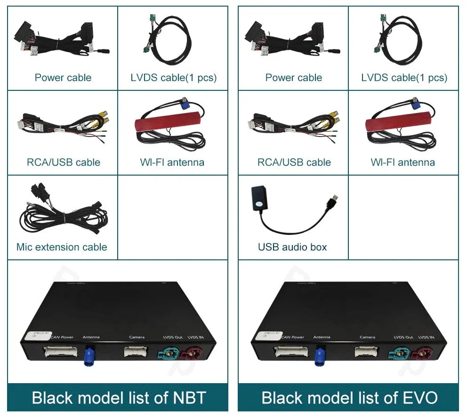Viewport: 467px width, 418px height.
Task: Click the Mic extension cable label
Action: click(x=62, y=247)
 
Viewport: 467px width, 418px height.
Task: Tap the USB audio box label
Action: click(x=292, y=247)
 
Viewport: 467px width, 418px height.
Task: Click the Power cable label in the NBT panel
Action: click(x=63, y=78)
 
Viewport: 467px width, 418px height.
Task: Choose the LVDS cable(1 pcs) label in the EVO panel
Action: click(x=404, y=78)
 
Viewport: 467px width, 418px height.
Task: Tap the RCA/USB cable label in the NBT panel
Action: click(x=63, y=162)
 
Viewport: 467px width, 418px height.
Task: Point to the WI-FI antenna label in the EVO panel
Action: click(x=403, y=162)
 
